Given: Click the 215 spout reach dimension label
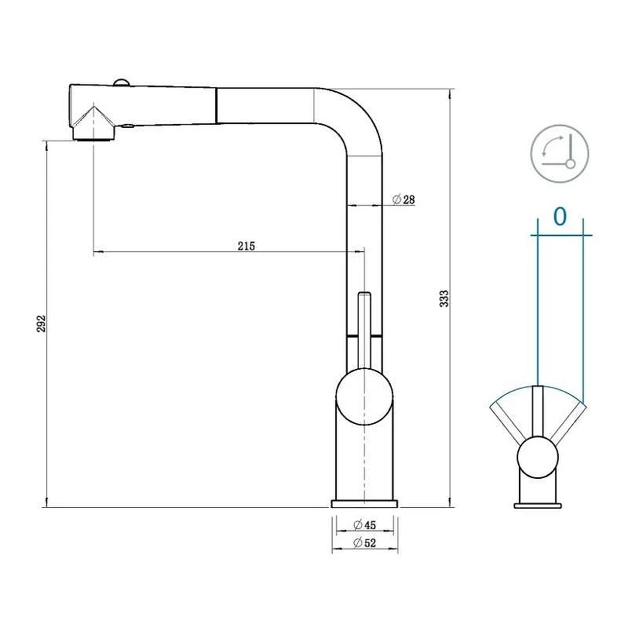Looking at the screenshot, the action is pos(246,246).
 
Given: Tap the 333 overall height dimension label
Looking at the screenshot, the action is pos(444,298).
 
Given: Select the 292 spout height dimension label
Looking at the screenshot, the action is pos(42,323).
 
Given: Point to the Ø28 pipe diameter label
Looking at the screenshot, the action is pos(403,199).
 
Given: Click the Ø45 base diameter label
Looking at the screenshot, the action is pos(365,524).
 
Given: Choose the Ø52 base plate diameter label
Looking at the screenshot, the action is pos(365,542).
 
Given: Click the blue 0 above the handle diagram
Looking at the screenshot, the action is pos(560,217).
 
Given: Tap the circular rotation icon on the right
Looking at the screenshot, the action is pos(560,154).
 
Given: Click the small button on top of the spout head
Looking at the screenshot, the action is pos(121,82).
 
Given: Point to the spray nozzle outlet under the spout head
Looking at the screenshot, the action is pos(93,134).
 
